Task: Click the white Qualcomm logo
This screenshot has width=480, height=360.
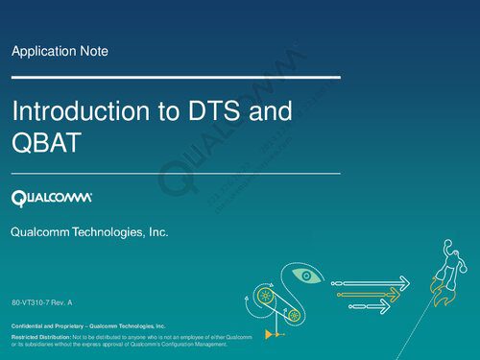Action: coord(52,199)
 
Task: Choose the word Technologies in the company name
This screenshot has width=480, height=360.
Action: coord(109,233)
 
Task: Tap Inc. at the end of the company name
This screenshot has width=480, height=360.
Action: coord(158,233)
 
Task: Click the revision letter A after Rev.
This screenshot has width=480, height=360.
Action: coord(70,303)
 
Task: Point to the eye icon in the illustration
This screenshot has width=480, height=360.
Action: coord(307,276)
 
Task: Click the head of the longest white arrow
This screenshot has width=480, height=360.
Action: coord(403,282)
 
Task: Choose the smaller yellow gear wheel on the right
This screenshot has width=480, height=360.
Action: coord(295,315)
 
